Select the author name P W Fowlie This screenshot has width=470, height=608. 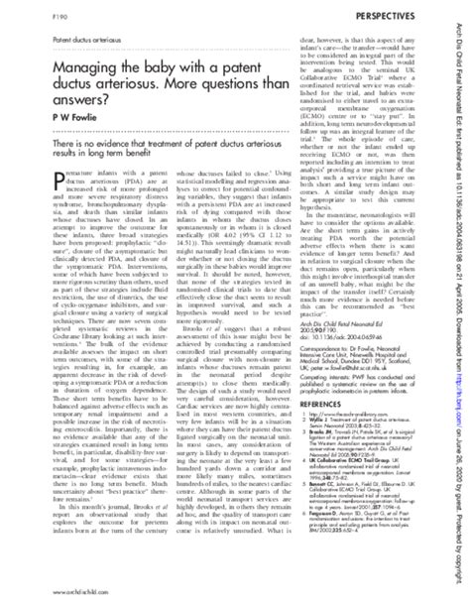coord(42,142)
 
